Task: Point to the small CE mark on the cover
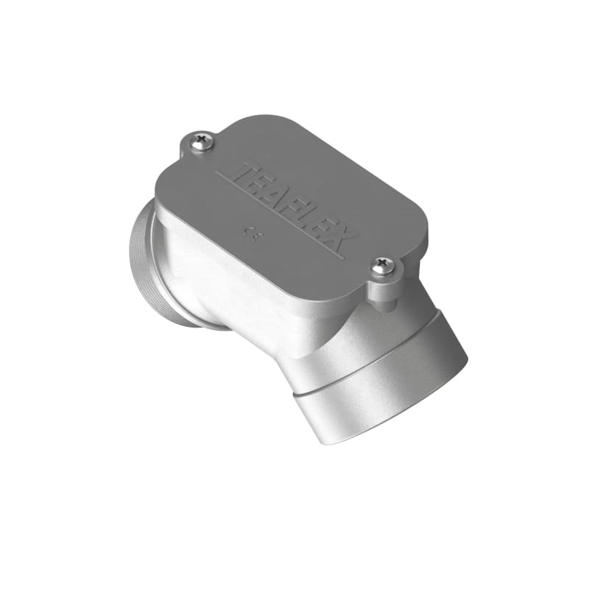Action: tap(252, 236)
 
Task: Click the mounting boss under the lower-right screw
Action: tap(384, 291)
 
